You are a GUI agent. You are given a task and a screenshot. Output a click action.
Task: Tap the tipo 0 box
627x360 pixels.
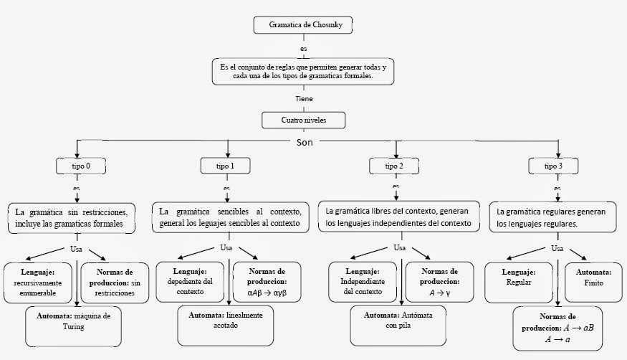77,166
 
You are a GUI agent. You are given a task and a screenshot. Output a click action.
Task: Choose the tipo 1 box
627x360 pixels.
225,166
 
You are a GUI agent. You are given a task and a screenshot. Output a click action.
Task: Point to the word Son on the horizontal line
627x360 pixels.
305,142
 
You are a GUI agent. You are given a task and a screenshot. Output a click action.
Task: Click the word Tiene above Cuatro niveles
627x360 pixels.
303,98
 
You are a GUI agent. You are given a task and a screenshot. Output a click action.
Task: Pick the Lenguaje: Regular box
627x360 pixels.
520,278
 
